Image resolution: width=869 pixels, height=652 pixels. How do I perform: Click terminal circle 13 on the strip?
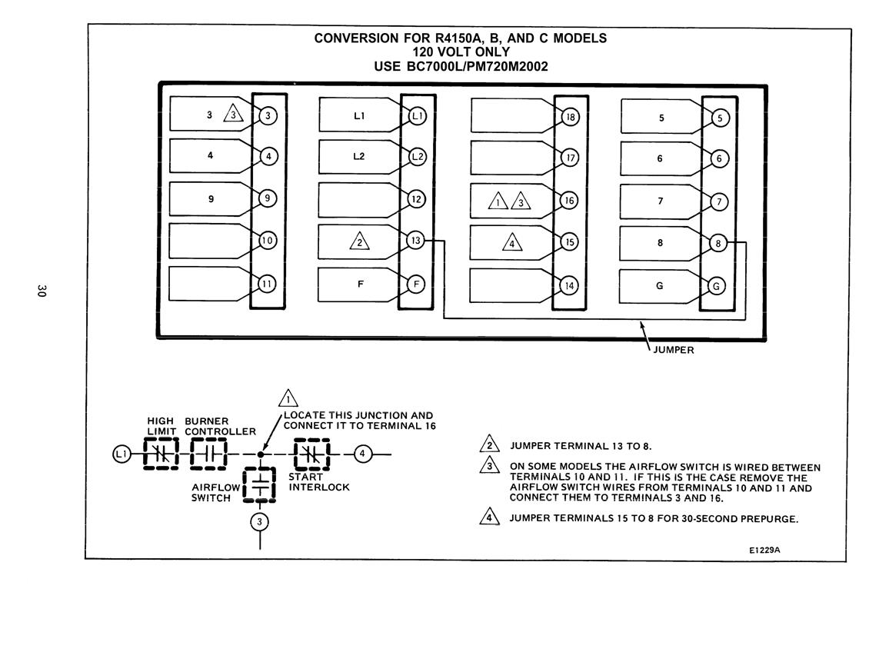tap(415, 241)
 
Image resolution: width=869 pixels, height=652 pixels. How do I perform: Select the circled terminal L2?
tap(417, 157)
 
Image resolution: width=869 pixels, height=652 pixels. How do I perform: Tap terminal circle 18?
tap(570, 117)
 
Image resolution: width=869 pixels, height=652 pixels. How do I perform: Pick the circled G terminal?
tap(717, 286)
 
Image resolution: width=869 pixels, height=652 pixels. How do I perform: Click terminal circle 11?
tap(267, 284)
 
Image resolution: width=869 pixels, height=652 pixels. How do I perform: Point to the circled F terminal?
tap(415, 284)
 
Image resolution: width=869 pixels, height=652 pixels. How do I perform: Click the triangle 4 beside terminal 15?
tap(512, 243)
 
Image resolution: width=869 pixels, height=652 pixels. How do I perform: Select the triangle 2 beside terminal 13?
tap(360, 241)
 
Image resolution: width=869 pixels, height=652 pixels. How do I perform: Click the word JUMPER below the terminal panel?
tap(674, 350)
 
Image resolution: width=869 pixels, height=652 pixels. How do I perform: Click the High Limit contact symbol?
tap(161, 454)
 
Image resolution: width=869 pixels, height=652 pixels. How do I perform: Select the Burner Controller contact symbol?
tap(209, 454)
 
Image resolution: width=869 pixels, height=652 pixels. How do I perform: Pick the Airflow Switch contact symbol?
tap(259, 485)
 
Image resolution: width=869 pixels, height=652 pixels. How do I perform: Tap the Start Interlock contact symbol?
tap(311, 454)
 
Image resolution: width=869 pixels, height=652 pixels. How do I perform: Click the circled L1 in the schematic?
tap(121, 454)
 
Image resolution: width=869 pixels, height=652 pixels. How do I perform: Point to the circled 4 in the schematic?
tap(362, 454)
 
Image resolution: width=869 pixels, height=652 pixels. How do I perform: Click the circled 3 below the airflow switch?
tap(259, 521)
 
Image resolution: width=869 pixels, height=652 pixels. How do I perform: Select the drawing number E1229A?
tap(764, 550)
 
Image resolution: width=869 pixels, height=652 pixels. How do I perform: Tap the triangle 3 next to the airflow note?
tap(489, 464)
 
